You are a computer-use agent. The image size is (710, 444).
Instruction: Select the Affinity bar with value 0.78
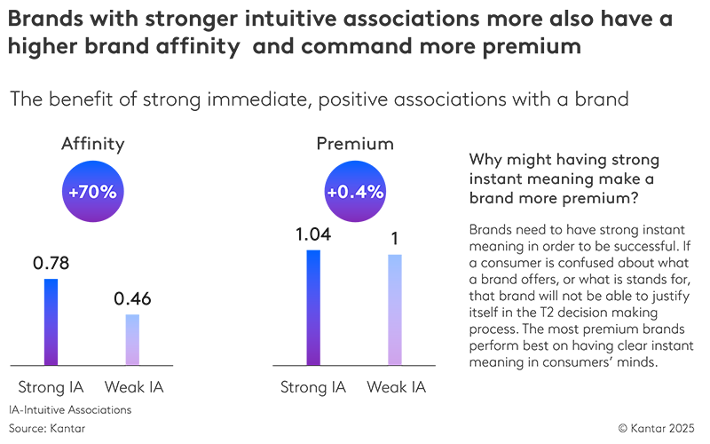(x=51, y=321)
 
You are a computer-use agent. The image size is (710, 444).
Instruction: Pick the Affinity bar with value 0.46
(x=131, y=339)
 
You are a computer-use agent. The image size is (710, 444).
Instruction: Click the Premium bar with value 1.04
(x=312, y=307)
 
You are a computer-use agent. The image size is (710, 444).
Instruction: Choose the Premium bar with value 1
(x=395, y=310)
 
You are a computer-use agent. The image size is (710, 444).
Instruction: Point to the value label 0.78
(x=51, y=264)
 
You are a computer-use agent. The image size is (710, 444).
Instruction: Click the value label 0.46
(x=132, y=298)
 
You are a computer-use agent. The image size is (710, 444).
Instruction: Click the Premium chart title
(x=354, y=145)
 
